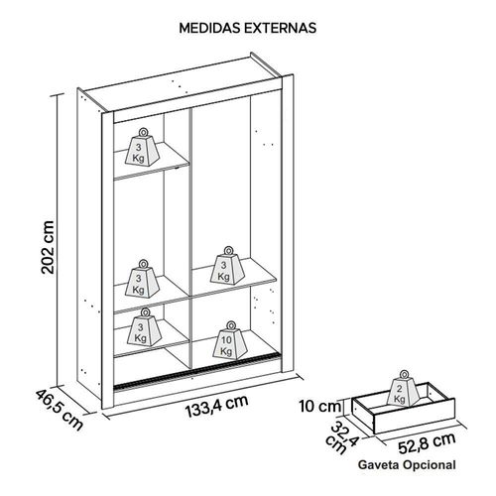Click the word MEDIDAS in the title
click(x=210, y=28)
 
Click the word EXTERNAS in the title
click(x=281, y=28)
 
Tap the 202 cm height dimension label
click(x=48, y=247)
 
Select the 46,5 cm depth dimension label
click(x=60, y=410)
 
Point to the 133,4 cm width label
click(x=216, y=407)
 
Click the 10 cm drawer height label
click(x=319, y=407)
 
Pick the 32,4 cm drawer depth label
click(x=341, y=437)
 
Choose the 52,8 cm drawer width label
click(x=427, y=443)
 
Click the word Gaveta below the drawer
click(x=379, y=465)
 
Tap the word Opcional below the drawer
click(x=430, y=465)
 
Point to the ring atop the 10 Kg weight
click(x=230, y=325)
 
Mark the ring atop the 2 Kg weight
click(x=404, y=375)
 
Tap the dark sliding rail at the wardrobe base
click(x=195, y=371)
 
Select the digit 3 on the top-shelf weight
click(x=139, y=147)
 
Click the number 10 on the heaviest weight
click(x=227, y=340)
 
